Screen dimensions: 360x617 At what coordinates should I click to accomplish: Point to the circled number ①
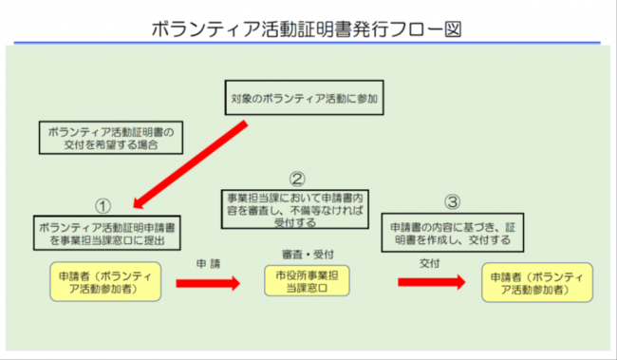104,205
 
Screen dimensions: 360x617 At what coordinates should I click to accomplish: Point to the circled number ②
297,178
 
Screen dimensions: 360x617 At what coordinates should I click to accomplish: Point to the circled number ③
453,202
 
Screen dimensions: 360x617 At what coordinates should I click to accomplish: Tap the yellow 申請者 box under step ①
107,282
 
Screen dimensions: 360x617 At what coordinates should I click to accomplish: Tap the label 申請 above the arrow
209,261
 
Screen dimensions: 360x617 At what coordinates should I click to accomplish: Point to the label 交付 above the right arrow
429,261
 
